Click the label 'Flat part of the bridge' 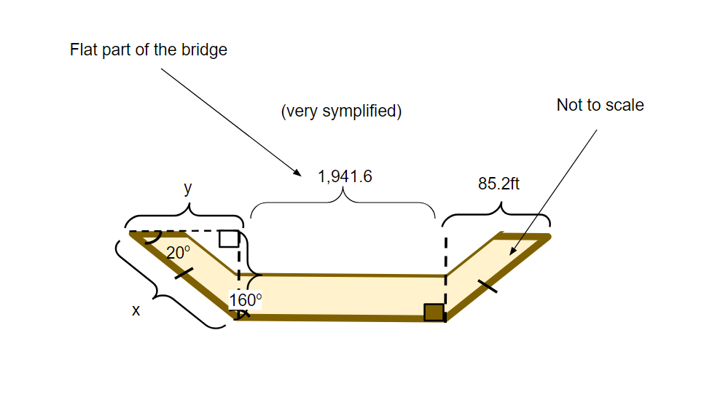click(x=149, y=50)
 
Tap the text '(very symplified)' click(x=341, y=111)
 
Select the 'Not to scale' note click(x=600, y=105)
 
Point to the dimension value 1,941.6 click(x=345, y=176)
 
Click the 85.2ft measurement click(x=499, y=184)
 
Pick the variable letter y click(x=188, y=188)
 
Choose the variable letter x click(x=136, y=310)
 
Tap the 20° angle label click(x=178, y=253)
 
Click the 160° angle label click(x=245, y=300)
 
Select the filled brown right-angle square click(x=434, y=312)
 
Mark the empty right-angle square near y click(x=229, y=238)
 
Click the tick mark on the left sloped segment click(x=184, y=275)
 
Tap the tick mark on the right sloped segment click(x=487, y=285)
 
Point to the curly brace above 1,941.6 click(x=343, y=205)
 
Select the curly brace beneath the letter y click(x=184, y=216)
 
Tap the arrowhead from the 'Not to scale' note click(x=513, y=252)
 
